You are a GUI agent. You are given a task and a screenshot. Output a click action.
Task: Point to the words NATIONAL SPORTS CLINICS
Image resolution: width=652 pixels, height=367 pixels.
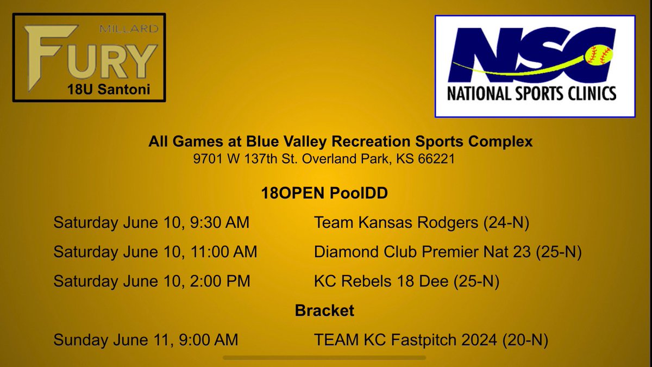tap(531, 94)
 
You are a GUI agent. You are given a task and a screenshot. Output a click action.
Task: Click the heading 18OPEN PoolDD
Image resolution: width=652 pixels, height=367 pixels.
tap(324, 193)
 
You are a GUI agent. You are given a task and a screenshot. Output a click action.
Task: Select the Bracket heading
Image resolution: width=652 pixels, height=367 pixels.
tap(324, 310)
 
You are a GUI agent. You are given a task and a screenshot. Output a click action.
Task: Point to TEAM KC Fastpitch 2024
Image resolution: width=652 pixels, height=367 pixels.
tap(405, 340)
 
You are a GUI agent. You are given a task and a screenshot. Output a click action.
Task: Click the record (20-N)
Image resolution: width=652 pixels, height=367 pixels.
tap(525, 340)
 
